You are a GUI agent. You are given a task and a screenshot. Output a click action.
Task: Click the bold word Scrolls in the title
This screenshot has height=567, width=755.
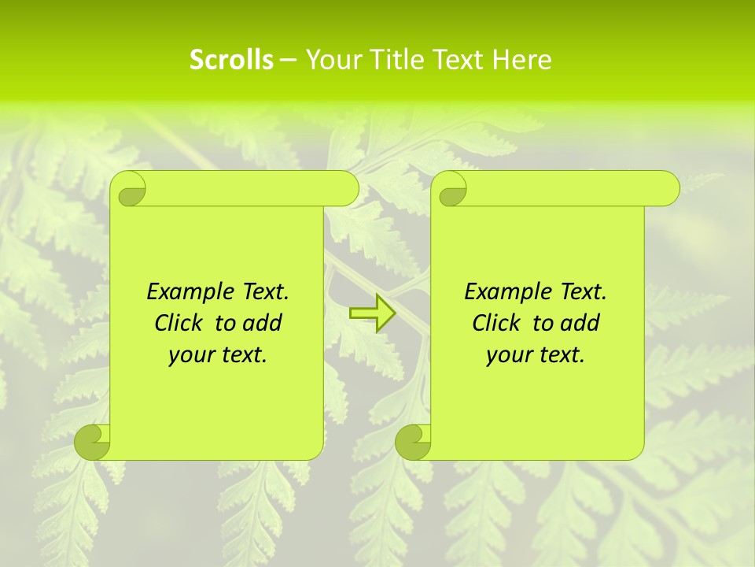tap(231, 60)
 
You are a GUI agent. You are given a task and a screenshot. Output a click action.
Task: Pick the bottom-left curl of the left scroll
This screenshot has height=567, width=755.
tap(92, 442)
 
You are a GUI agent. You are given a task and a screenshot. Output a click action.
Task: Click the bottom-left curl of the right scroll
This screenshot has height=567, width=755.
tap(413, 442)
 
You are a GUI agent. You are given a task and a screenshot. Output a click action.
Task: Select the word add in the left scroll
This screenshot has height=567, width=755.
tap(263, 324)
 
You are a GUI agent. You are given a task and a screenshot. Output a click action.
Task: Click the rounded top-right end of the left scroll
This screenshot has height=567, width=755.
tap(346, 189)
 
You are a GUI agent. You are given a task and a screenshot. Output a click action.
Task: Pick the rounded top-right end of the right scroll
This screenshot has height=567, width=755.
tap(667, 189)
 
